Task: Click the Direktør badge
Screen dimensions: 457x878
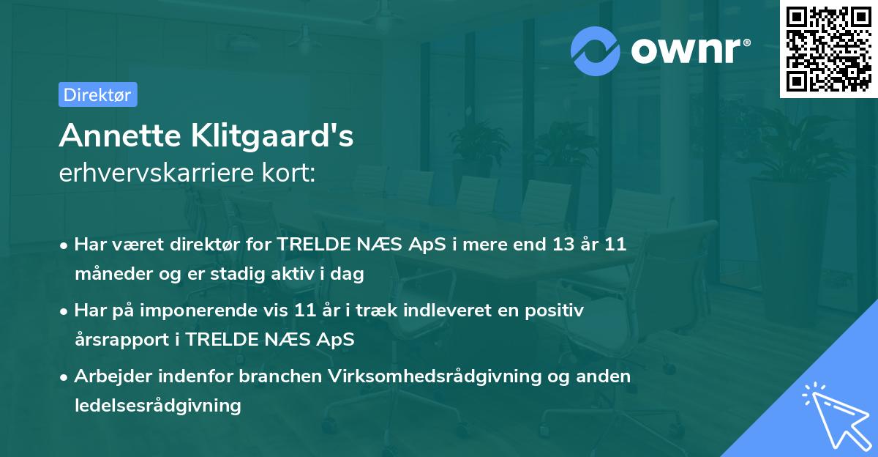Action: pos(97,94)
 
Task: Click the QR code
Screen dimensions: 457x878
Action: pos(828,48)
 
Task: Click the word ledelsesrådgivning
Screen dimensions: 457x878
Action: pos(157,405)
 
